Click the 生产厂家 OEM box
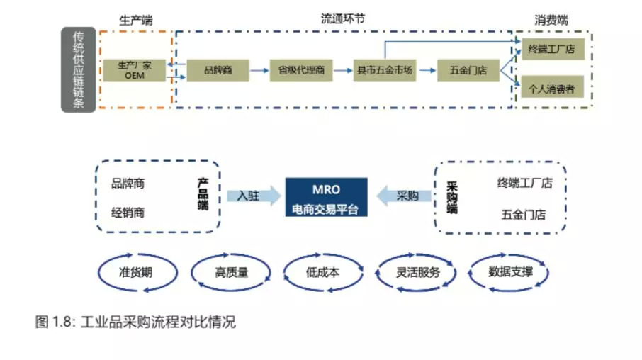[134, 70]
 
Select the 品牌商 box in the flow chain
[218, 70]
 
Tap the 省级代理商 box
[301, 70]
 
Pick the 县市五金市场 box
[385, 70]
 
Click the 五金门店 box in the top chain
[468, 70]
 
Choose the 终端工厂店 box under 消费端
[552, 50]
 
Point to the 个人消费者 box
[552, 89]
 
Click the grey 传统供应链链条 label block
[78, 69]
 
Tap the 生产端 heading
[135, 20]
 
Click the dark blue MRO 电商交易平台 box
[326, 198]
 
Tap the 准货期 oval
[135, 272]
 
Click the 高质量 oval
[231, 272]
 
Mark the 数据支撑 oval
[509, 272]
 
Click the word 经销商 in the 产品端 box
[128, 212]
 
